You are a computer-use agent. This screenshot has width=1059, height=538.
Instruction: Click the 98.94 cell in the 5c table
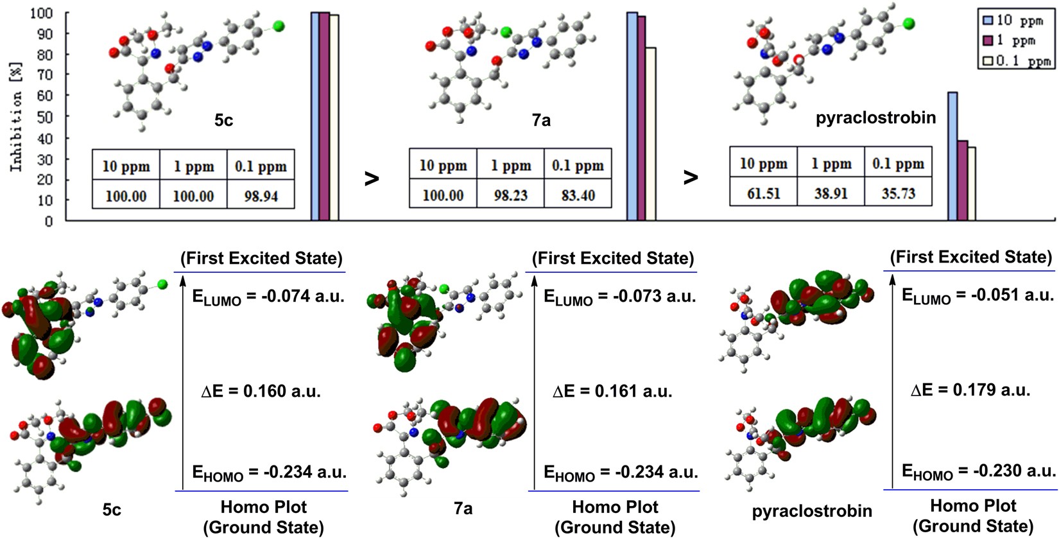261,196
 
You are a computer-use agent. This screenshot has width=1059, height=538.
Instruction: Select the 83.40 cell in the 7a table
578,195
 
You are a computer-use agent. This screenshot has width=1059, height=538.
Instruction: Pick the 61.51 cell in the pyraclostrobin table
763,193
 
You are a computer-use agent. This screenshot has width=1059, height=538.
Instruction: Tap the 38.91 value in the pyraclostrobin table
831,193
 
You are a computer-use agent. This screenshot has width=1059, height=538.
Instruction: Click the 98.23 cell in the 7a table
510,195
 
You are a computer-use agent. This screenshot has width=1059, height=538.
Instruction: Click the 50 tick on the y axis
45,117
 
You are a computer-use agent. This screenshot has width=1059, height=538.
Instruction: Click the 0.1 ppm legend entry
1017,62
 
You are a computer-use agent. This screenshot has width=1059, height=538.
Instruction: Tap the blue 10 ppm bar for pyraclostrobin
952,157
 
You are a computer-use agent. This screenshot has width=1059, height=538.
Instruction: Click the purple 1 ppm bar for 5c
324,116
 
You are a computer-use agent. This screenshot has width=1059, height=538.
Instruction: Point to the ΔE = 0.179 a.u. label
970,390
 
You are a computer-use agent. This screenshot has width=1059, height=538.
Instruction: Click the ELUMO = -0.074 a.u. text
268,297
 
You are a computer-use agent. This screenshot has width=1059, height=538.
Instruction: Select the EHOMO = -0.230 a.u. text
978,472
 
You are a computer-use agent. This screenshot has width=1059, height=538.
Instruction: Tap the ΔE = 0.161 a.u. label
612,391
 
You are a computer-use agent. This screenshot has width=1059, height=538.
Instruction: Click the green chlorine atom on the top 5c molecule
279,26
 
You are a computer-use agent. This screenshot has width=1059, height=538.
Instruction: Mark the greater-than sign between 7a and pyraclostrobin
691,177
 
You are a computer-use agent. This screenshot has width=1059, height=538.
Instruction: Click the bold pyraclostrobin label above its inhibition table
875,118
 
